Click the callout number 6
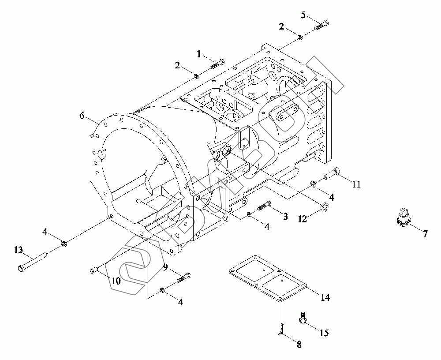tap(82, 116)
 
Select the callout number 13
tap(18, 250)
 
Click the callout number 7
tap(425, 234)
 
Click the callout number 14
tap(325, 298)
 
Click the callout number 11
tap(356, 184)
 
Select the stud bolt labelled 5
tap(321, 25)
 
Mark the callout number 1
tap(199, 54)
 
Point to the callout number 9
tap(165, 266)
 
